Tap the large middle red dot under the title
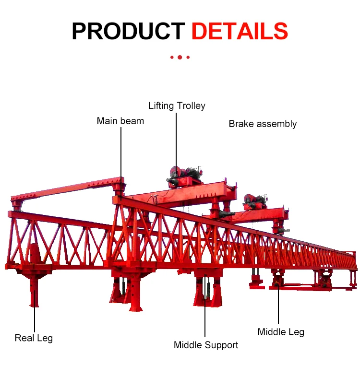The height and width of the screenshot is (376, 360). pos(180,57)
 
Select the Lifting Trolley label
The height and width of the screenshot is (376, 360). pos(177,106)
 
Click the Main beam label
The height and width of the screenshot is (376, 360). pos(120,121)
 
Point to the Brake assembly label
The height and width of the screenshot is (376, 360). pos(263,124)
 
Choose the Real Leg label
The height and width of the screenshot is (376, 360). pos(34,338)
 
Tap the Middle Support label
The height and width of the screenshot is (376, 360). pos(206,345)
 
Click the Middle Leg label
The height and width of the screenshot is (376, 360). pos(281,332)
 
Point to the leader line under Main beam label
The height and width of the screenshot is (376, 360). pos(120,153)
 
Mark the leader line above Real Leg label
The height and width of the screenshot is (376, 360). pos(35,317)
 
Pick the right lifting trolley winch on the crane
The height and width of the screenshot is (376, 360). pos(255,201)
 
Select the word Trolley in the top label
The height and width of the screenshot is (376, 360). pos(190,106)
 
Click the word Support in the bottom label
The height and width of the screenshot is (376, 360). pos(222,345)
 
